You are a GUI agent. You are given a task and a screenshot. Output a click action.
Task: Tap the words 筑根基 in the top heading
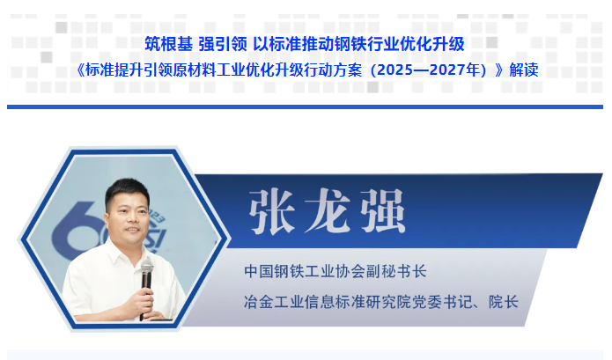[x=168, y=44]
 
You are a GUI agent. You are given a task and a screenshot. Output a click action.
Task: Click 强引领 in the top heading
[x=223, y=44]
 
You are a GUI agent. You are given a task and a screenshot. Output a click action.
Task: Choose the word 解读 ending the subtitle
[x=524, y=70]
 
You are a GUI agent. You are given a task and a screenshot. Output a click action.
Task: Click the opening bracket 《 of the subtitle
[x=79, y=70]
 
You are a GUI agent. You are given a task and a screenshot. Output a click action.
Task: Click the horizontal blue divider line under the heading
[x=305, y=107]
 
